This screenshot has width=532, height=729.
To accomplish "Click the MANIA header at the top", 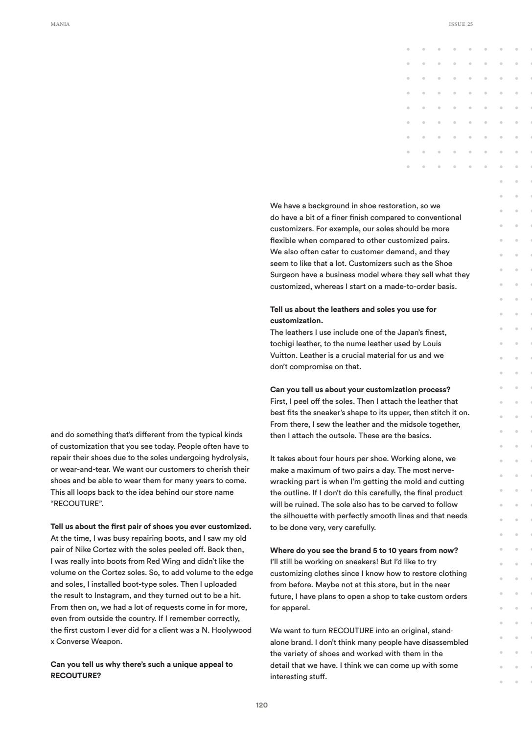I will click(x=60, y=24).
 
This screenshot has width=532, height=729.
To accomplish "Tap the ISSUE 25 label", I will click(x=461, y=24).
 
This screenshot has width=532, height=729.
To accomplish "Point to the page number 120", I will click(x=262, y=705).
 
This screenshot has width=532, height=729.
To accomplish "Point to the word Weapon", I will click(x=108, y=641).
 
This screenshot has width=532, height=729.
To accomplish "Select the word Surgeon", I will click(x=284, y=275).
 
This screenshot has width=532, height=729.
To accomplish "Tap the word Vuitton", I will click(x=283, y=355).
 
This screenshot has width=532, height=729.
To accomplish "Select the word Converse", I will click(x=71, y=641).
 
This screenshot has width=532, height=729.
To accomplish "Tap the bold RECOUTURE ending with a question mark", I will click(x=75, y=676).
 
